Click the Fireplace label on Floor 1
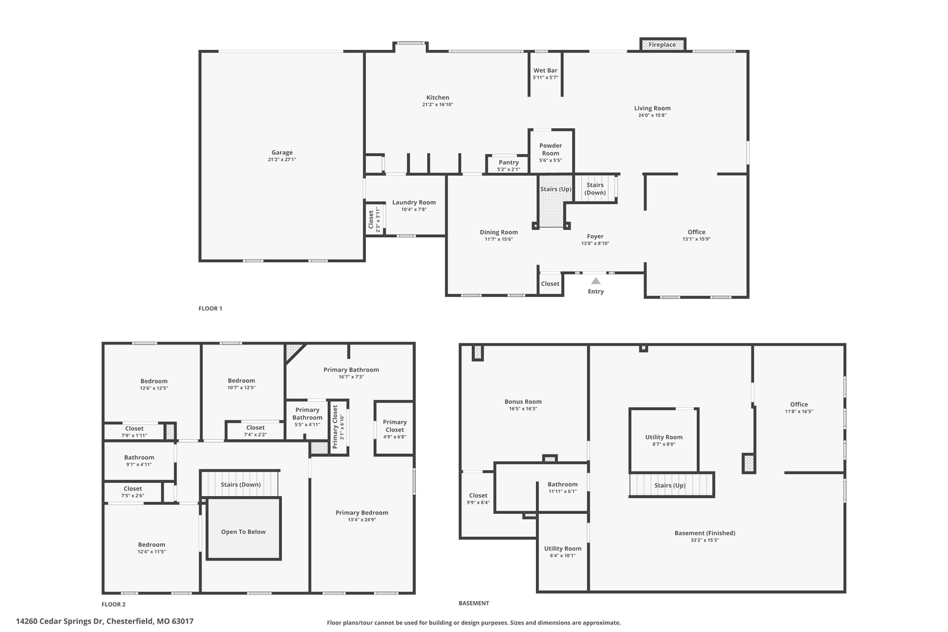tap(662, 45)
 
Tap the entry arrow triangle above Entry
tap(595, 281)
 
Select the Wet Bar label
tap(545, 71)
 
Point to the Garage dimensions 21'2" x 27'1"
tap(282, 160)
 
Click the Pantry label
tap(508, 162)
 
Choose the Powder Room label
tap(550, 149)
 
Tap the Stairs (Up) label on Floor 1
tap(556, 189)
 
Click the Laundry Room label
tap(414, 202)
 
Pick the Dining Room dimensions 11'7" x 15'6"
tap(499, 239)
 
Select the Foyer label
tap(595, 236)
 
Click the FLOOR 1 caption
tap(210, 308)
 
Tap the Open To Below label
tap(243, 532)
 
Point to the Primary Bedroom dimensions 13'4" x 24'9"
tap(362, 520)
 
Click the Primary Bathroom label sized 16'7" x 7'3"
tap(351, 370)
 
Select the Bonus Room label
tap(523, 402)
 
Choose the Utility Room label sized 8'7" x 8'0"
tap(664, 437)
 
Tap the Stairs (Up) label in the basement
tap(669, 485)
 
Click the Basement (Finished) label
tap(705, 533)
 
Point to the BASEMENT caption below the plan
tap(473, 603)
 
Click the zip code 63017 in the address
tap(181, 621)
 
